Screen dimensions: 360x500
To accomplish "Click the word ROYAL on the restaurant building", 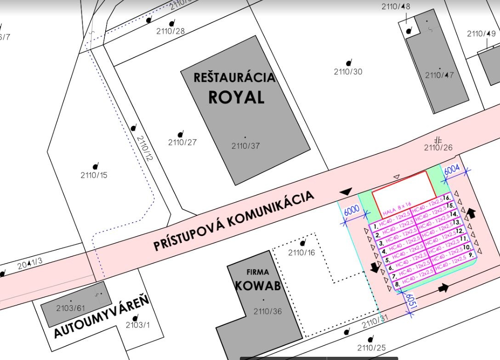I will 236,97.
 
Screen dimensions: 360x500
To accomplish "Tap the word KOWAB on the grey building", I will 257,286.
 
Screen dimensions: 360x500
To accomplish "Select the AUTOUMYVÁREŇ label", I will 102,317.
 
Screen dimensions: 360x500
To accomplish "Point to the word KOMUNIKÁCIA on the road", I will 271,209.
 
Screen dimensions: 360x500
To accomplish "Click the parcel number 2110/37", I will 245,146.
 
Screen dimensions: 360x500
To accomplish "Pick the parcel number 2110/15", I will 94,175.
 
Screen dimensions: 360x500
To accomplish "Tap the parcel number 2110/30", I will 348,72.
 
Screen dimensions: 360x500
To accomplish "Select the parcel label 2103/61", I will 71,308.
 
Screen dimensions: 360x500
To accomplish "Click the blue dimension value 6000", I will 352,211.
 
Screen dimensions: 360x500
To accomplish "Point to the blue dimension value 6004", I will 452,169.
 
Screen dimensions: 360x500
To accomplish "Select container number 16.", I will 447,198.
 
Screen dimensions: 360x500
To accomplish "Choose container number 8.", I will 397,284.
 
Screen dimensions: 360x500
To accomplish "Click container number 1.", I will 376,226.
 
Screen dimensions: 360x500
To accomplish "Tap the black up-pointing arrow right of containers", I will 471,213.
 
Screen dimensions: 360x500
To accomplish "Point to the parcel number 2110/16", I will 301,252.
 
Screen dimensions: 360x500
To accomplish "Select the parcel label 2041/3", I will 30,264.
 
